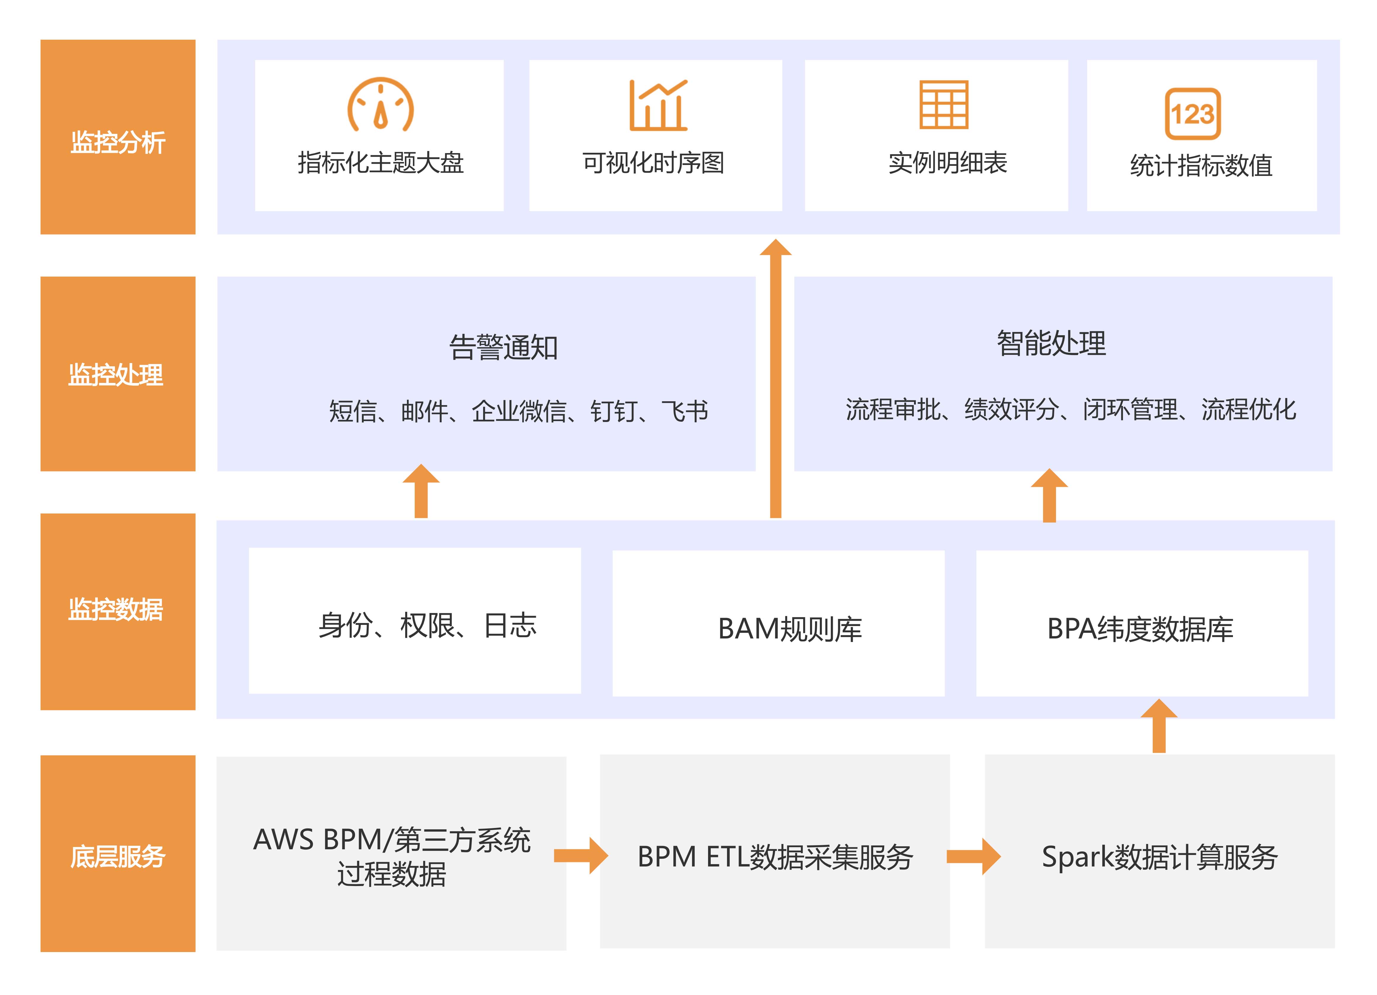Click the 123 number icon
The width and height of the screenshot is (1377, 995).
[1192, 113]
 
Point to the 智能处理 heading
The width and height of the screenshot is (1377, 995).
[1052, 344]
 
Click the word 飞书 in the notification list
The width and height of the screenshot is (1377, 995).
[686, 411]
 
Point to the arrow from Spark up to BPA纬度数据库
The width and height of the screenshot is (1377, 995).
[1159, 726]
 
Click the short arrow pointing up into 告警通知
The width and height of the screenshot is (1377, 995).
[421, 492]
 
